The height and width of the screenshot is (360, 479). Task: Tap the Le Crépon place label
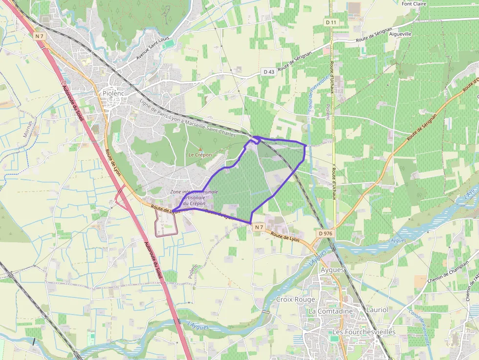(x=200, y=155)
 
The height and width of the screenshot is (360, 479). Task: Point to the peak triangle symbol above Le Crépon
(x=200, y=148)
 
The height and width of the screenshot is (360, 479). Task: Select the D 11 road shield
(x=331, y=22)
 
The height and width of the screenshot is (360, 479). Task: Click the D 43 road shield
(x=269, y=72)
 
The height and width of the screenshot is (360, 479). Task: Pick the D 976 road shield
(x=326, y=234)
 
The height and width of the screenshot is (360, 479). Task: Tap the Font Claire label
(x=414, y=4)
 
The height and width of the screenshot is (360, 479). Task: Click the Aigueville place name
(x=400, y=34)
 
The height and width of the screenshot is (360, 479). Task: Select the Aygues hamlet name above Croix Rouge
(x=332, y=270)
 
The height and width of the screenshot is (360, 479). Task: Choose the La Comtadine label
(x=330, y=311)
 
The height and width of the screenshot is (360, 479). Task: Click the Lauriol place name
(x=377, y=310)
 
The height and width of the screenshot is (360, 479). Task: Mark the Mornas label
(x=27, y=129)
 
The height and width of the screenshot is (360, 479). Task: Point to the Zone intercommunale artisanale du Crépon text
(x=194, y=197)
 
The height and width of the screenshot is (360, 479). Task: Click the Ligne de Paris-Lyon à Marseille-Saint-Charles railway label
(x=188, y=119)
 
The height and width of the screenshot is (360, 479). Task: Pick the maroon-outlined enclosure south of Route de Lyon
(x=166, y=224)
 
